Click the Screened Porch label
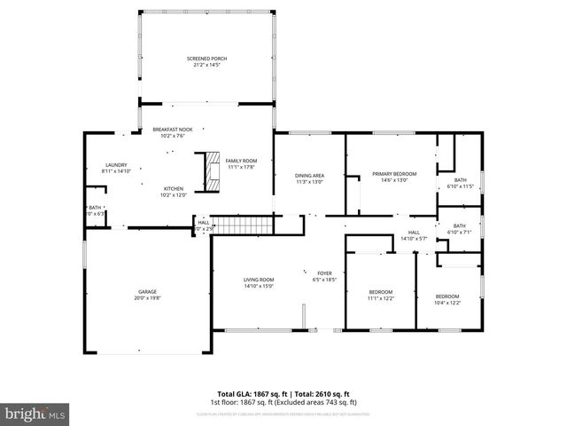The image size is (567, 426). pyautogui.click(x=206, y=59)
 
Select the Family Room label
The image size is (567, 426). pyautogui.click(x=240, y=160)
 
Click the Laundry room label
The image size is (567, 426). pyautogui.click(x=116, y=165)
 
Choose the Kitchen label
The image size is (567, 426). pyautogui.click(x=173, y=188)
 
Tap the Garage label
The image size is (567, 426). pyautogui.click(x=146, y=291)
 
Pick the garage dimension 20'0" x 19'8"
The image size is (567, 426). pyautogui.click(x=146, y=298)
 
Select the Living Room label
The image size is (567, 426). pyautogui.click(x=259, y=280)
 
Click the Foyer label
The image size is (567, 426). pyautogui.click(x=325, y=272)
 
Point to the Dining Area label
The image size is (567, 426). pyautogui.click(x=309, y=175)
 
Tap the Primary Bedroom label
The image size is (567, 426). pyautogui.click(x=393, y=174)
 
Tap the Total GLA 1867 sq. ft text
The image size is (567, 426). pyautogui.click(x=249, y=393)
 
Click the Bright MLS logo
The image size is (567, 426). pyautogui.click(x=35, y=414)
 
